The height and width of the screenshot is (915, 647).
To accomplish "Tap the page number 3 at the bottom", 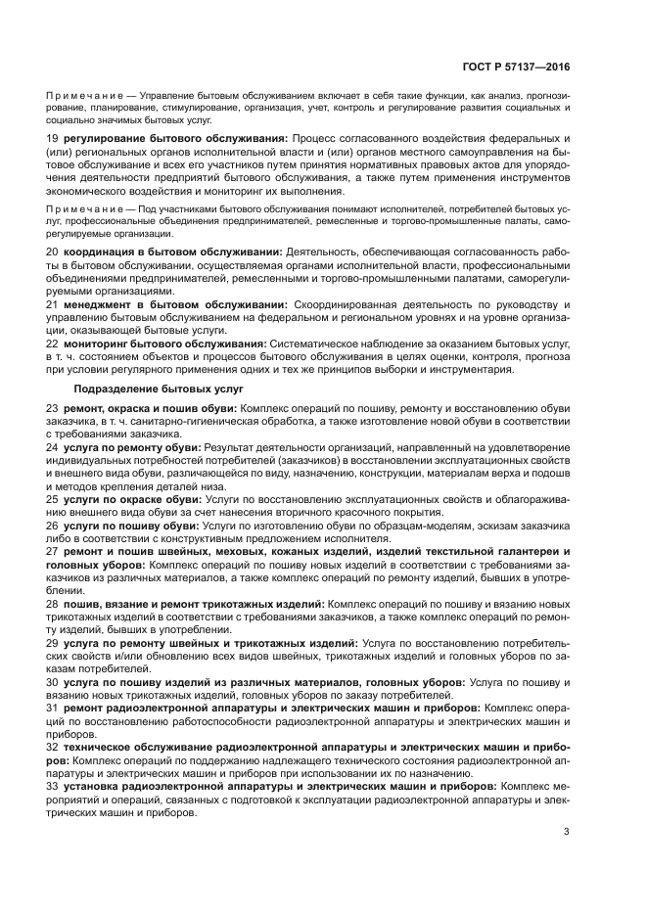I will point(567,833).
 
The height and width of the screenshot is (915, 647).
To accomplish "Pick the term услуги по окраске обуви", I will point(131,498).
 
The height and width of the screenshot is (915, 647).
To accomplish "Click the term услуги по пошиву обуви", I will point(128,526).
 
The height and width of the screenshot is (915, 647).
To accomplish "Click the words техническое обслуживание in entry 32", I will point(141,746).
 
